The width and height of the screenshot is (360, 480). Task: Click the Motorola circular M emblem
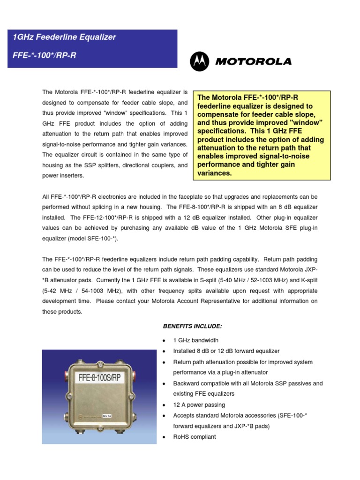pos(199,61)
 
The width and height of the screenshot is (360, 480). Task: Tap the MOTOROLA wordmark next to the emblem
pos(253,61)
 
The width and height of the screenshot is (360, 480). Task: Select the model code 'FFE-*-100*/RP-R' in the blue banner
pos(45,55)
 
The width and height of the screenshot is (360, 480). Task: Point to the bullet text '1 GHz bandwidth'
pos(196,340)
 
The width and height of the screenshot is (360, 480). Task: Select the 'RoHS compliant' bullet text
pos(195,436)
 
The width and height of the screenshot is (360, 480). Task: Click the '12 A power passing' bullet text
pos(199,405)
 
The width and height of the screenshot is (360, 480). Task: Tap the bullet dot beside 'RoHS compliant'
pos(163,437)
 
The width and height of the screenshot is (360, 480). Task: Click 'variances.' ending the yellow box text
pos(215,173)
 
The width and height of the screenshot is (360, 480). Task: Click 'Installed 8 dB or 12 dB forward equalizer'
pos(226,351)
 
